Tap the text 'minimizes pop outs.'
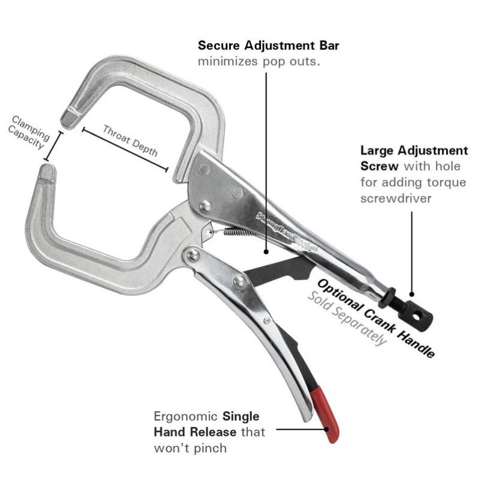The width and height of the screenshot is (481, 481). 259,61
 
